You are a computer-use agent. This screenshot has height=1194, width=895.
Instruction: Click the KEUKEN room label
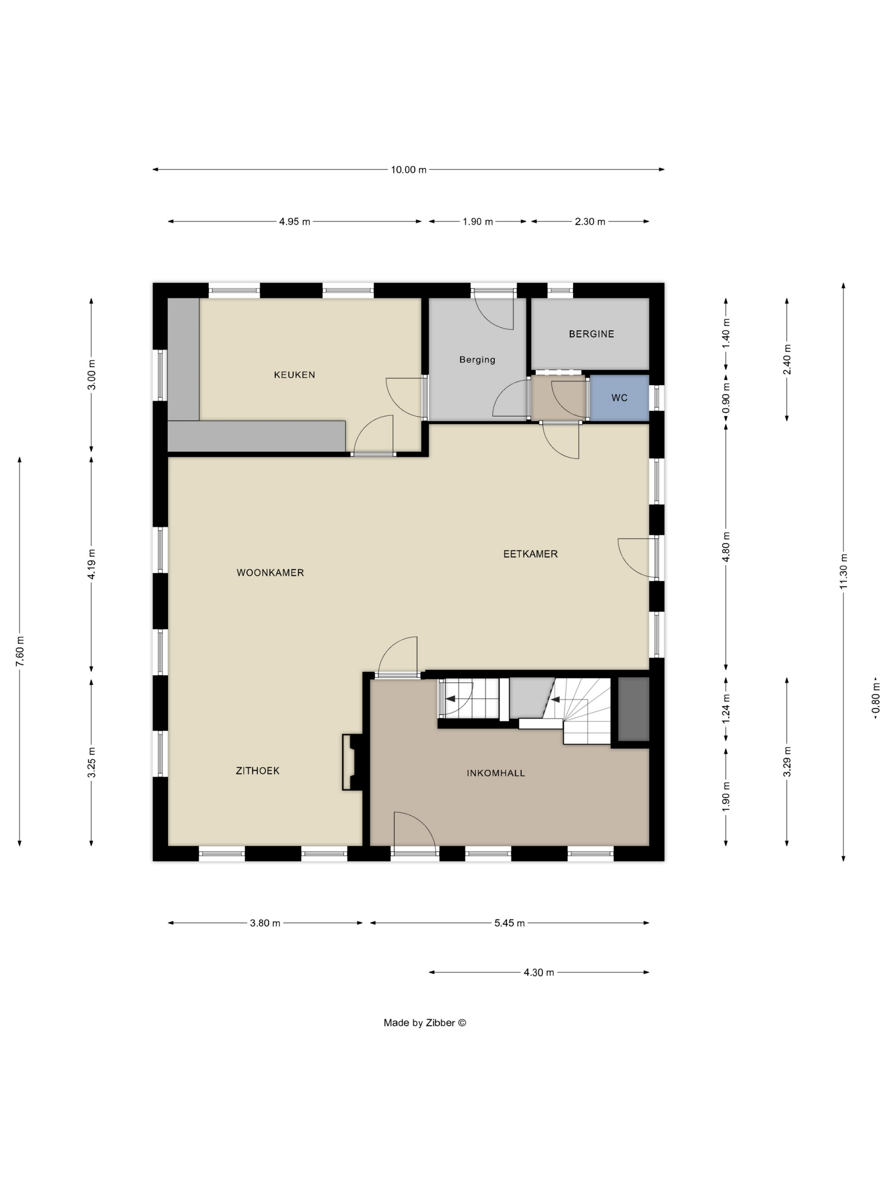tap(294, 374)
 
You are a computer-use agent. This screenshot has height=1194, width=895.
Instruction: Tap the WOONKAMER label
tap(270, 573)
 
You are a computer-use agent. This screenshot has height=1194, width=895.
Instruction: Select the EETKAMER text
tap(530, 554)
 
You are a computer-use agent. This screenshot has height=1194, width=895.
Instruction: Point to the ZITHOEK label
tap(257, 771)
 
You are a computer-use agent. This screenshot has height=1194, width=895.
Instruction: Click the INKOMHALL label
tap(496, 773)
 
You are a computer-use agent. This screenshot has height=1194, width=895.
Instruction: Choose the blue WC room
tap(619, 398)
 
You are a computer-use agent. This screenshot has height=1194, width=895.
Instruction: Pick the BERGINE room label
tap(591, 334)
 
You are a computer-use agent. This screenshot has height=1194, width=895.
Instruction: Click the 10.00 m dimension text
tap(408, 169)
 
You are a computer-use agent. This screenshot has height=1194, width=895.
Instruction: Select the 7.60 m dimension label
tap(20, 651)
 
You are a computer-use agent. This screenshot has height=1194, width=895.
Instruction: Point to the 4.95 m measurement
tap(294, 221)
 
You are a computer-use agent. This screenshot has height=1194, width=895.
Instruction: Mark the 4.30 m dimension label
tap(538, 972)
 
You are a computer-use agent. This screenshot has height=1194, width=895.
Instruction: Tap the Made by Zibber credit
tap(424, 1022)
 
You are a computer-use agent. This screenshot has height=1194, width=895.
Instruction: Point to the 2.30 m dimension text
tap(590, 221)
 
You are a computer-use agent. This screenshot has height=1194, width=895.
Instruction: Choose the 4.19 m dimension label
tap(92, 564)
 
